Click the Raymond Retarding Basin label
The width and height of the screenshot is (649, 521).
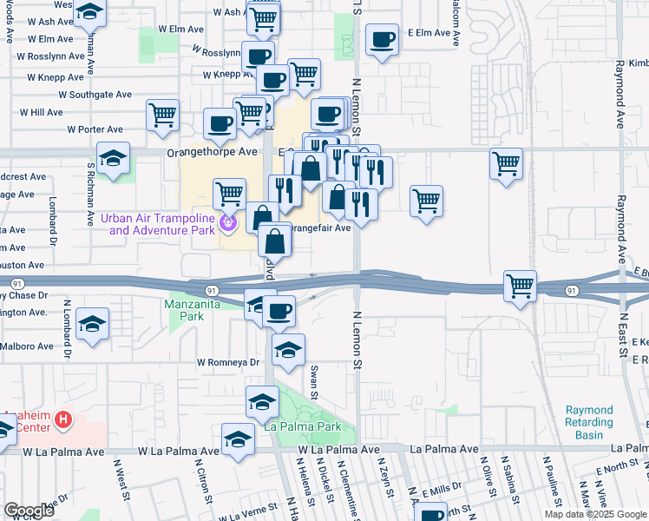click(x=588, y=416)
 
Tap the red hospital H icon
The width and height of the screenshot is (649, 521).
click(x=62, y=420)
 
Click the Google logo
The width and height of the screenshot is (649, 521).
click(x=29, y=511)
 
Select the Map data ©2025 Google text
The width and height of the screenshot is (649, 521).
click(x=595, y=514)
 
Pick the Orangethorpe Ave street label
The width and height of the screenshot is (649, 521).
click(x=213, y=151)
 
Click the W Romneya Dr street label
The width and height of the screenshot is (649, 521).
click(x=228, y=362)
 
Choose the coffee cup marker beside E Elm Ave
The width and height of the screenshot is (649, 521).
click(x=382, y=39)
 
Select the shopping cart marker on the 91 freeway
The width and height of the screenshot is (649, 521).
click(x=520, y=286)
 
